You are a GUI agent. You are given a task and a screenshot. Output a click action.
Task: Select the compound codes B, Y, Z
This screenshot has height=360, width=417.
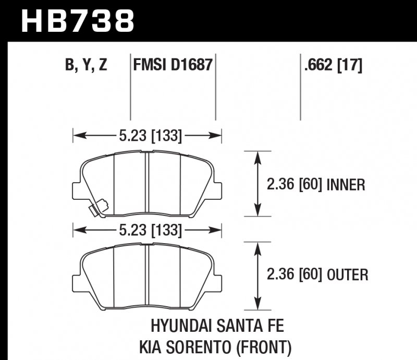click(x=86, y=66)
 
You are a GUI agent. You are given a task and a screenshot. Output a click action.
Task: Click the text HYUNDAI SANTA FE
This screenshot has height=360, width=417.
click(x=217, y=327)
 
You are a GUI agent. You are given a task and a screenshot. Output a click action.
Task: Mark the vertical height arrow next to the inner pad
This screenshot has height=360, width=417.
click(x=257, y=183)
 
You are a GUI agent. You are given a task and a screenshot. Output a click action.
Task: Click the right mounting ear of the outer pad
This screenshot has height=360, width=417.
click(x=218, y=277)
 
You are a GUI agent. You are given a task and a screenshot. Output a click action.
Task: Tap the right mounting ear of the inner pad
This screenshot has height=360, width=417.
click(x=218, y=187)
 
